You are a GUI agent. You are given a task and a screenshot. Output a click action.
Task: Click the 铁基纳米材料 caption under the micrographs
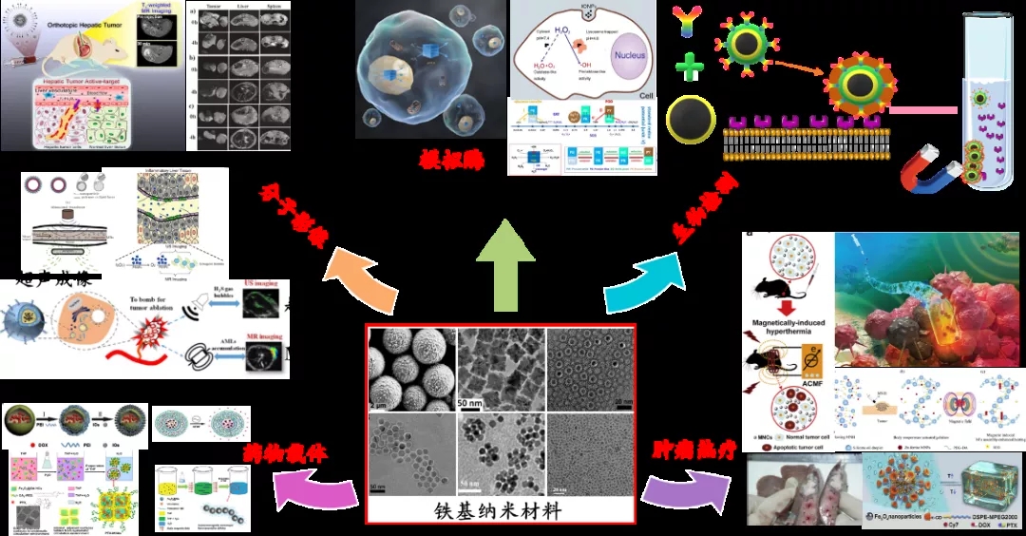(x=500, y=510)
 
